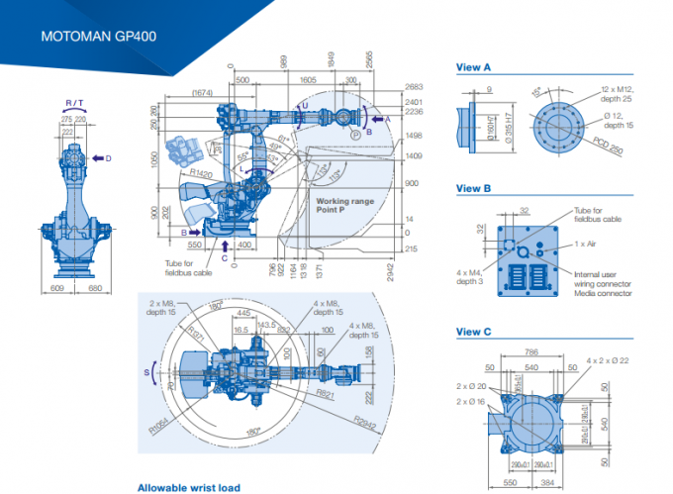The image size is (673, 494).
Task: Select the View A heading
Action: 473,68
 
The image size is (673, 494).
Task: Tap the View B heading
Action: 473,188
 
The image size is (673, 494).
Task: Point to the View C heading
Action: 473,332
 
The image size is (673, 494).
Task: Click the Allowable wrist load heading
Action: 188,487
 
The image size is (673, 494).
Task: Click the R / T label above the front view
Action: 74,102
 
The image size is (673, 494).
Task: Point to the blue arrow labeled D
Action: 101,157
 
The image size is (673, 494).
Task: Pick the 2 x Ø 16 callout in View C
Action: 473,402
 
